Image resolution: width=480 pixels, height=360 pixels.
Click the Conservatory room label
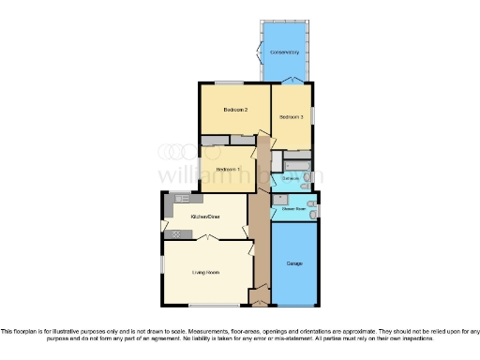pyautogui.click(x=285, y=52)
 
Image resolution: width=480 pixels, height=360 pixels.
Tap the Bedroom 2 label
pyautogui.click(x=234, y=110)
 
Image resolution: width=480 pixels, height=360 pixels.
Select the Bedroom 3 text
pyautogui.click(x=291, y=117)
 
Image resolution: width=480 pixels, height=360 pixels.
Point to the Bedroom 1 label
pyautogui.click(x=228, y=169)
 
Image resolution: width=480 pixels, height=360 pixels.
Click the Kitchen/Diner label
pyautogui.click(x=204, y=217)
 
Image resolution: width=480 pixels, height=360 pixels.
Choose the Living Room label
pyautogui.click(x=206, y=272)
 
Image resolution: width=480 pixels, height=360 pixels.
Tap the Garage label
pyautogui.click(x=294, y=263)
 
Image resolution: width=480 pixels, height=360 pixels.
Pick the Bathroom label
pyautogui.click(x=291, y=178)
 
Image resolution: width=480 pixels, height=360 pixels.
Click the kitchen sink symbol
pyautogui.click(x=181, y=199)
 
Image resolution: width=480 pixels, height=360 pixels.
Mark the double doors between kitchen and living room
pyautogui.click(x=207, y=240)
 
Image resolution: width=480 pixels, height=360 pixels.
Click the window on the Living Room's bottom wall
pyautogui.click(x=214, y=306)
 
